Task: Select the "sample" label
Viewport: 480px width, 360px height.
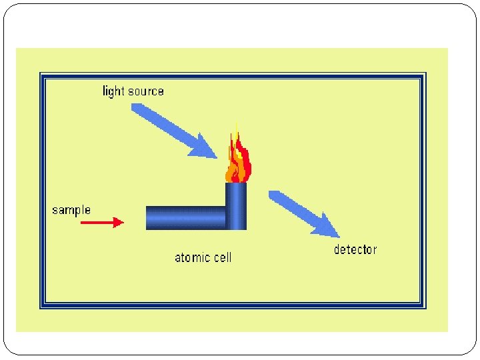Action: [71, 210]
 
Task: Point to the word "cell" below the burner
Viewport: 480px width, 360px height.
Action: [223, 257]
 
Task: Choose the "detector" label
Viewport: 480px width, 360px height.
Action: [355, 250]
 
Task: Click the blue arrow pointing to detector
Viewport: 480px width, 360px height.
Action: [304, 213]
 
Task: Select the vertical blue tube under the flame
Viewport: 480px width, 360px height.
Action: [235, 206]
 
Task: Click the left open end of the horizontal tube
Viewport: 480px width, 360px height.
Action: [148, 217]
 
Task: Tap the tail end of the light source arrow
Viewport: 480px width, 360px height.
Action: [136, 108]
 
